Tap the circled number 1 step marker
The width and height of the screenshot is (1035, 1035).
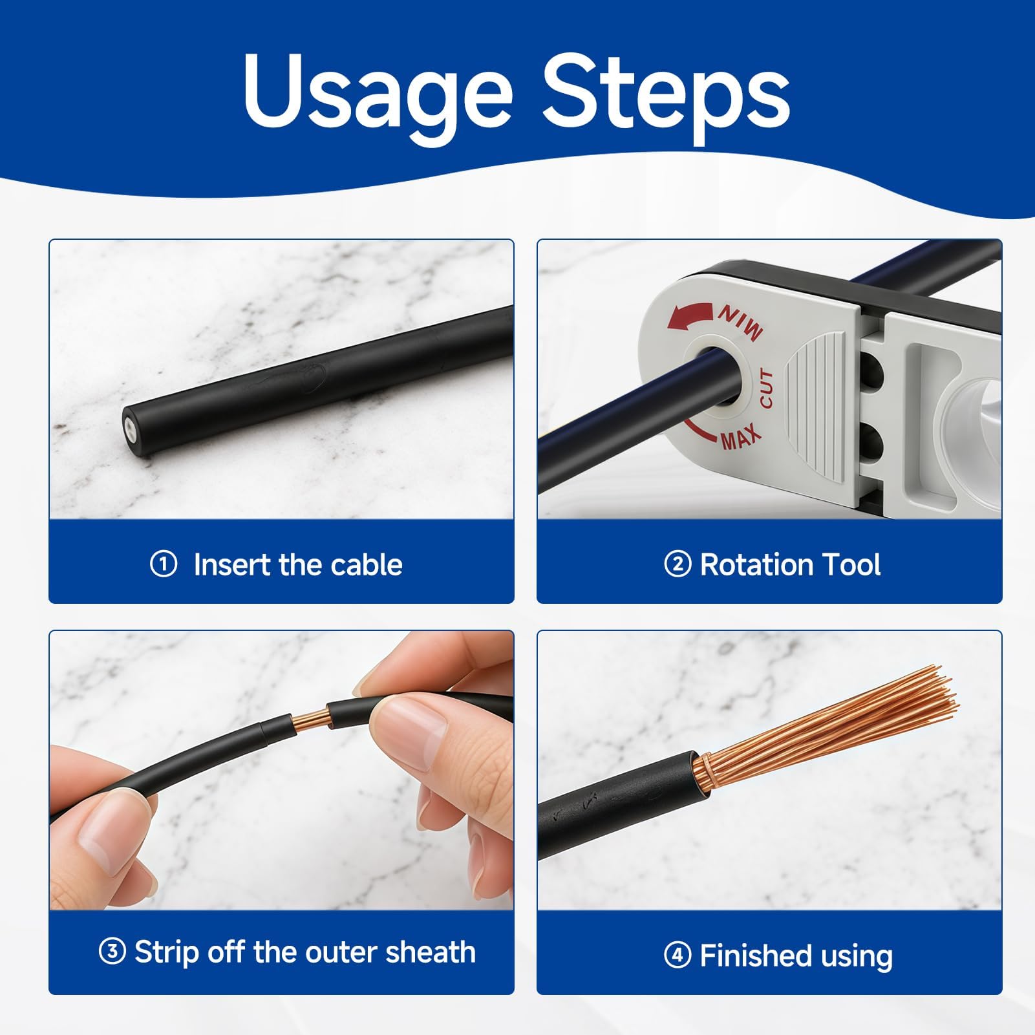[x=164, y=564]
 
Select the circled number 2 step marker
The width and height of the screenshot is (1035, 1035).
[x=678, y=564]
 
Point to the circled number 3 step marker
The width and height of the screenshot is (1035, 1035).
[x=112, y=952]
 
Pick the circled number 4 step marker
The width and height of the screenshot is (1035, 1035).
[x=678, y=955]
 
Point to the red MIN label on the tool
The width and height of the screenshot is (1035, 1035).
[x=740, y=321]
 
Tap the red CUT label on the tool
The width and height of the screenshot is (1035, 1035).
[x=766, y=389]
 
